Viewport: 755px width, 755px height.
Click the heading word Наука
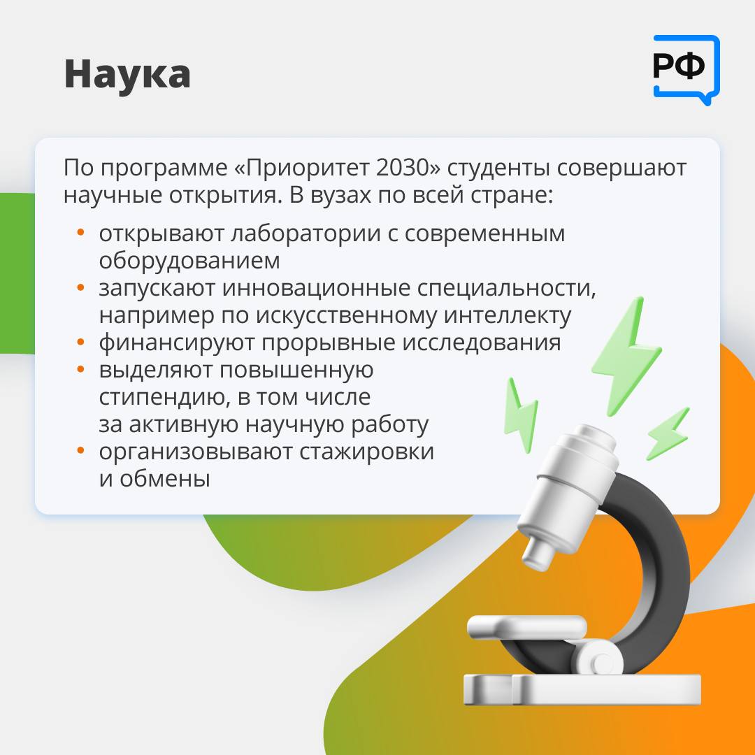[127, 75]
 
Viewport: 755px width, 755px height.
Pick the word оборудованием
[189, 261]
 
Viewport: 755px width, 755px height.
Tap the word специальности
[506, 289]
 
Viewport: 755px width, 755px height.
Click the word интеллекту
[508, 316]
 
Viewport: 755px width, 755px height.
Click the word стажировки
[366, 452]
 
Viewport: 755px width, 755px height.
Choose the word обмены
[165, 479]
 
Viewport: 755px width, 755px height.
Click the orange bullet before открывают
[80, 233]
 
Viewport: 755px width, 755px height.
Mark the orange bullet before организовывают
[80, 451]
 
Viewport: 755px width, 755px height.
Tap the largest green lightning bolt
[626, 357]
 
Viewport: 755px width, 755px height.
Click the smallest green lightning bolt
[668, 433]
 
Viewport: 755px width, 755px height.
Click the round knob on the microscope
[601, 663]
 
